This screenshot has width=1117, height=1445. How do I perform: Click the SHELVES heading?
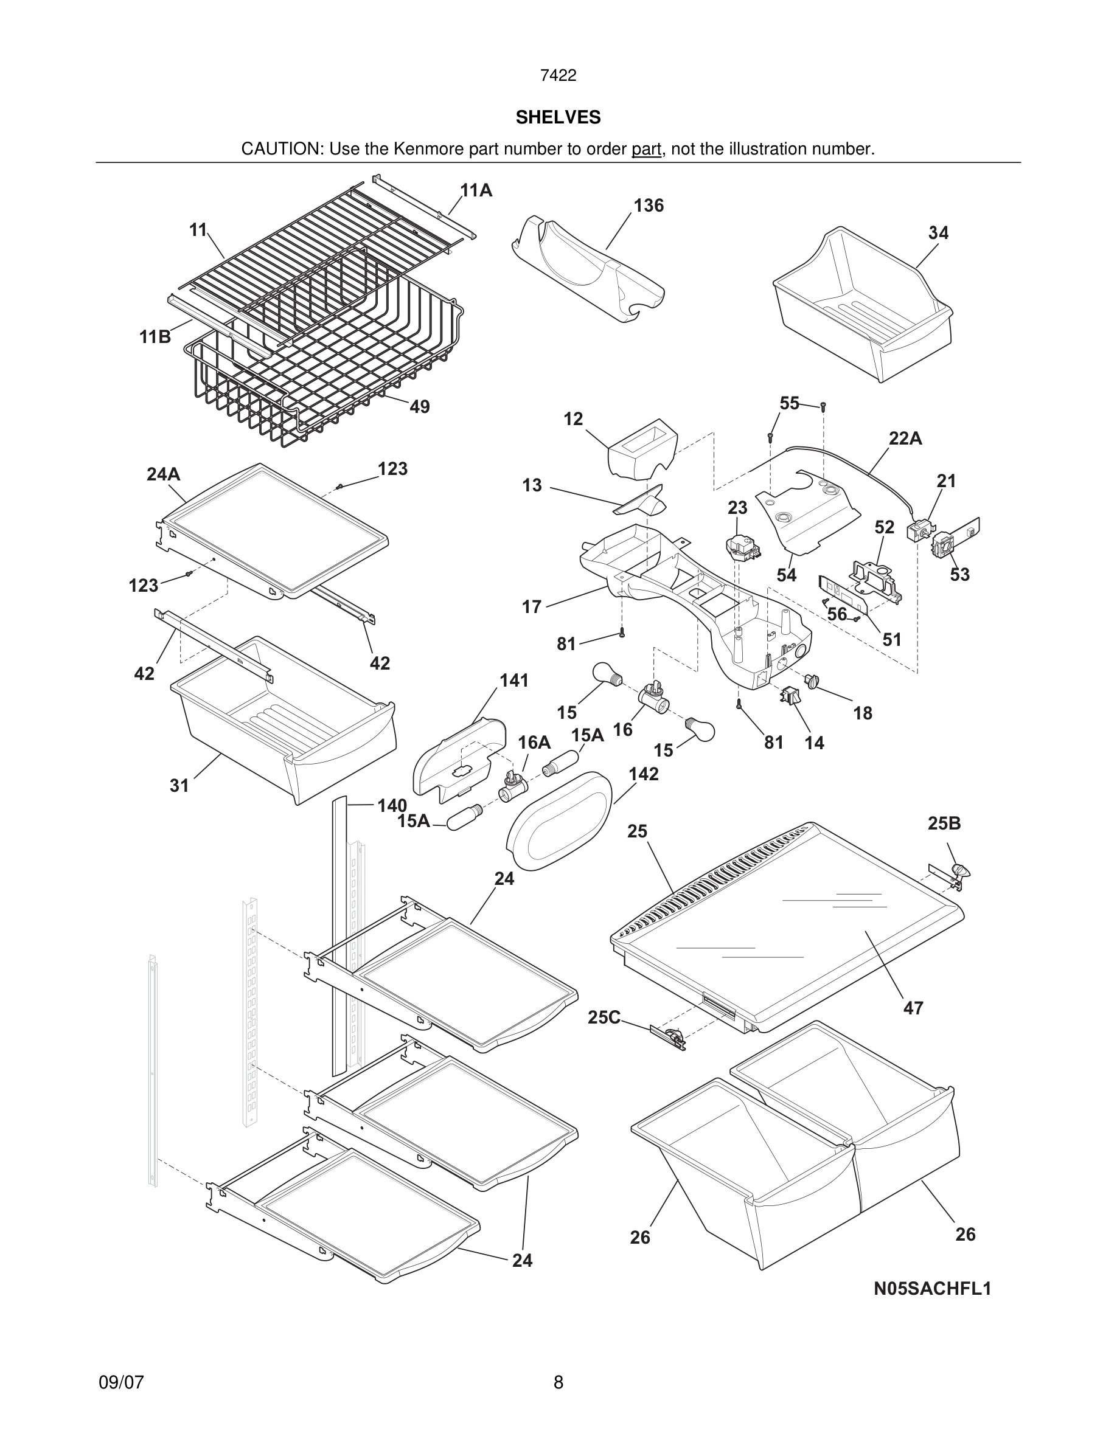[558, 118]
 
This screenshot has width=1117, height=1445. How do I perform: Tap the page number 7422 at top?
[558, 76]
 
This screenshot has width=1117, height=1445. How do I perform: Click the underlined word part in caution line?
[646, 150]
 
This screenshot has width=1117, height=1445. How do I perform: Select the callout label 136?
[648, 206]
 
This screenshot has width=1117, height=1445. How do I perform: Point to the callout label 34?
[938, 233]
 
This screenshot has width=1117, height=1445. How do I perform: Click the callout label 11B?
[155, 338]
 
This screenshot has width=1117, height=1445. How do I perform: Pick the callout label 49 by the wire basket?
[420, 407]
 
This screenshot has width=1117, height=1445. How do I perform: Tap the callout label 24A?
[164, 474]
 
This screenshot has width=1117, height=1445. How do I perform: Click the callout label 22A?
[905, 438]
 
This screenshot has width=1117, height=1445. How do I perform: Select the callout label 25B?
[944, 823]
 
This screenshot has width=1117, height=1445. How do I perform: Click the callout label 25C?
[604, 1017]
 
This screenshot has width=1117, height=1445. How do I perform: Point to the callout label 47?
[913, 1008]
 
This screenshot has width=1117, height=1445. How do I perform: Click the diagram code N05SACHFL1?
[933, 1289]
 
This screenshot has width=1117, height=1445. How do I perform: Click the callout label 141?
[513, 681]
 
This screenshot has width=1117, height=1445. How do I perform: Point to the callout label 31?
[179, 786]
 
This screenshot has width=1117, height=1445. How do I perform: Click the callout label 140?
[392, 806]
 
